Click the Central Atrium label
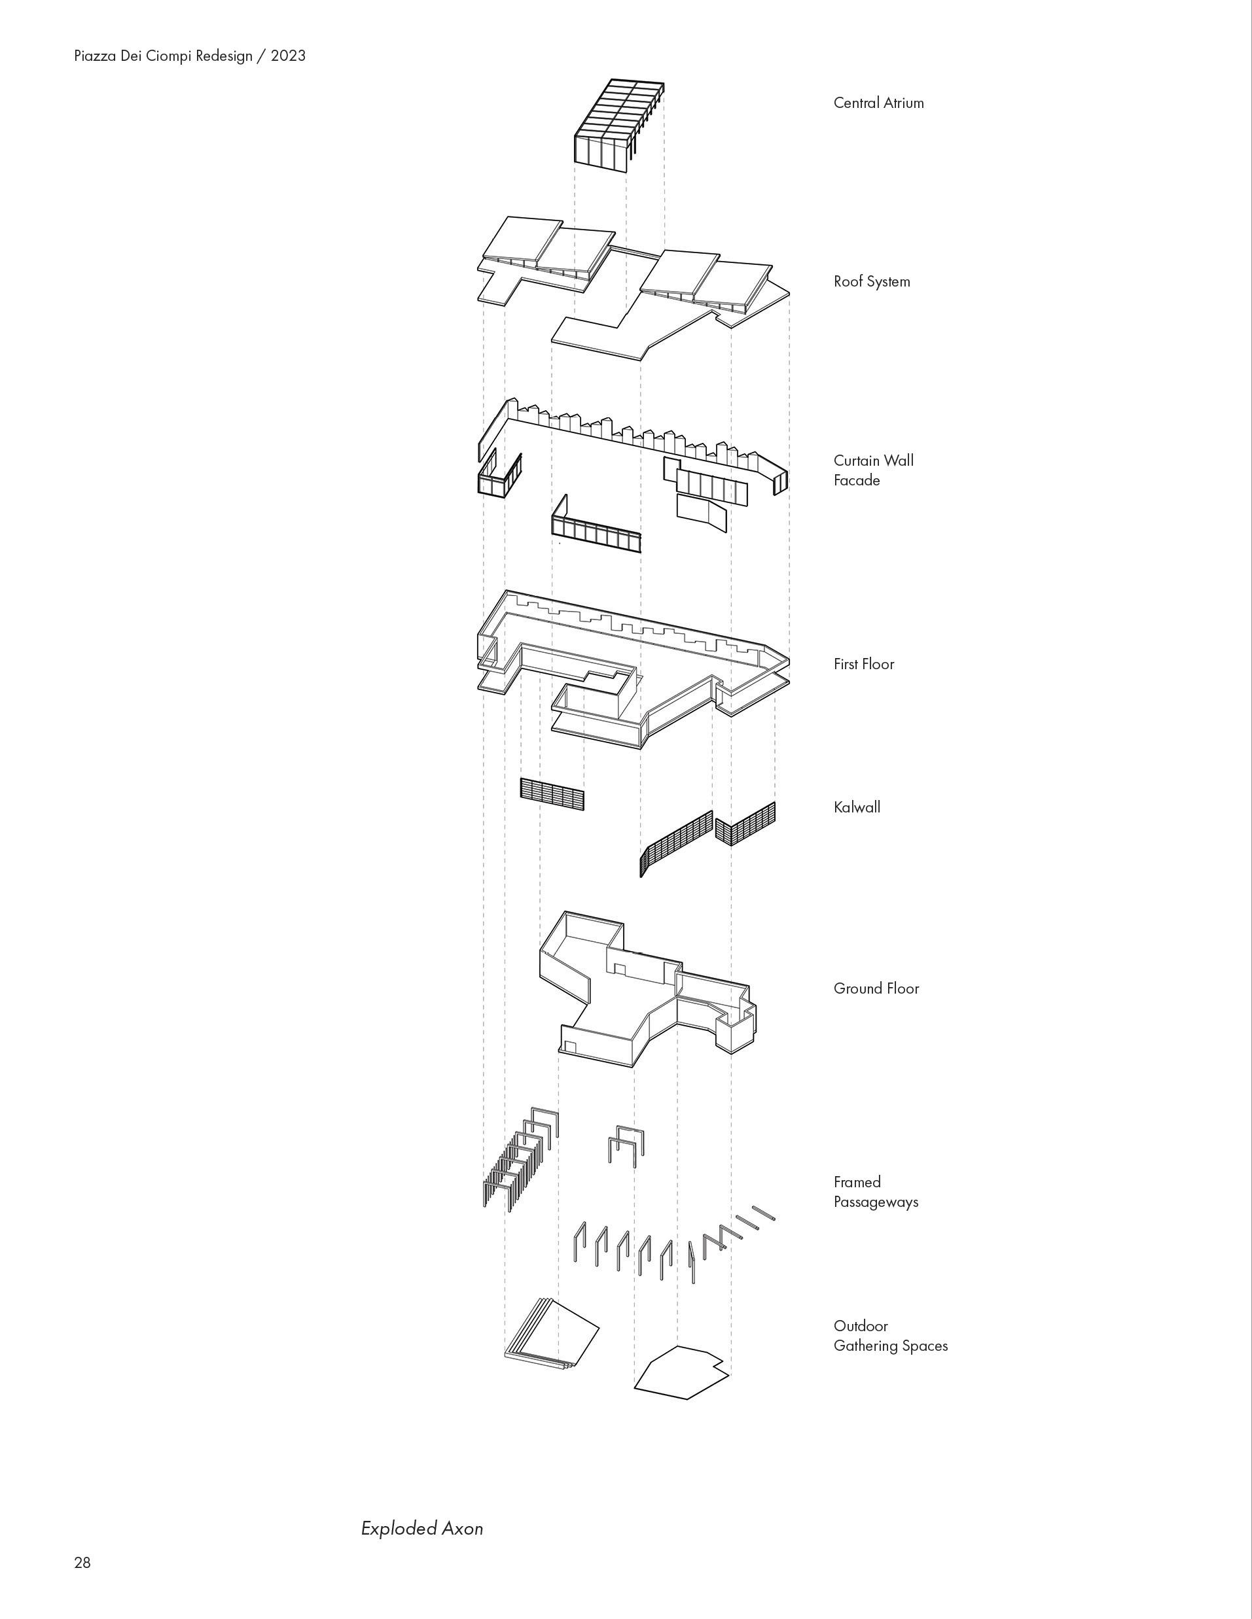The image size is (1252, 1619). [x=878, y=103]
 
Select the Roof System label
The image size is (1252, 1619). [x=872, y=282]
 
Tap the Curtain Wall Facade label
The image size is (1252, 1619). [x=873, y=470]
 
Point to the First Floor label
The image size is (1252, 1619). [x=863, y=664]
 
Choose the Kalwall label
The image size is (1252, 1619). [x=857, y=807]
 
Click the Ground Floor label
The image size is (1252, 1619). [x=876, y=988]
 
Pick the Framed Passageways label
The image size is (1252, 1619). [x=875, y=1192]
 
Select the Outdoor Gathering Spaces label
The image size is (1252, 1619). [x=890, y=1336]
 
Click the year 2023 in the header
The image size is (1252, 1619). [x=288, y=56]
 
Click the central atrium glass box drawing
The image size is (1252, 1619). [x=618, y=126]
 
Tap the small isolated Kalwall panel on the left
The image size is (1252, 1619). [x=552, y=794]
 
